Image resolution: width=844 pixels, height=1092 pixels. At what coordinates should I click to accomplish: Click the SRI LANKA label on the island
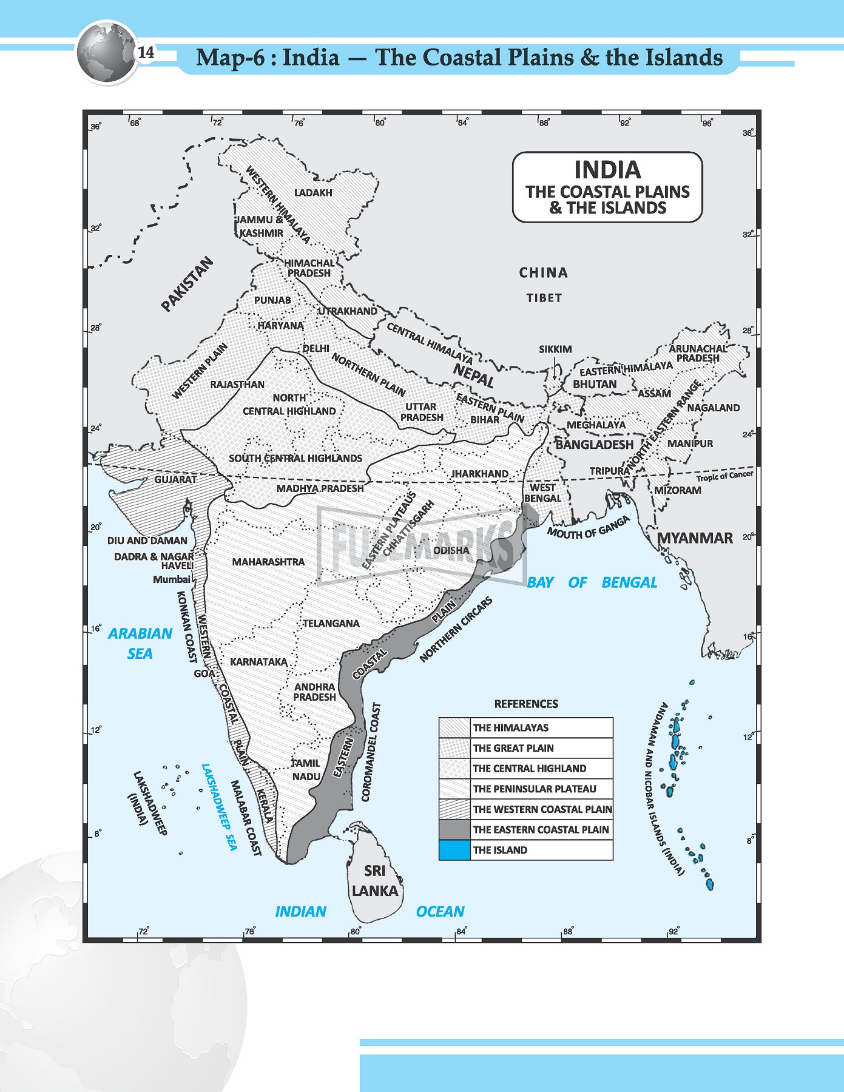[x=375, y=881]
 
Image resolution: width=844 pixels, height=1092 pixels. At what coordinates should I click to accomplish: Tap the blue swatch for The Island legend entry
[x=454, y=850]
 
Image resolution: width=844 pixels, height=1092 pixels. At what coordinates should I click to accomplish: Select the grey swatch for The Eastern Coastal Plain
[x=454, y=829]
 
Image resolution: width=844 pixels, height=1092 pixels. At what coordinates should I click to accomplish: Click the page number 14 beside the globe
[x=146, y=53]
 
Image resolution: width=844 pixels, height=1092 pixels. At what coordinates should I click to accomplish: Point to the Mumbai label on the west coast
[x=171, y=579]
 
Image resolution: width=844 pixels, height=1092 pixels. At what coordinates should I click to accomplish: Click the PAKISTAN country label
[x=187, y=284]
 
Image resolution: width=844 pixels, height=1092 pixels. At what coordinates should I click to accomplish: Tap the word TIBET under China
[x=544, y=298]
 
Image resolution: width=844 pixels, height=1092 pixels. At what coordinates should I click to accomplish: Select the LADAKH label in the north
[x=313, y=193]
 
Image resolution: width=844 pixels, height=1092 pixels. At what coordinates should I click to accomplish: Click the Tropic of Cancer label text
[x=724, y=476]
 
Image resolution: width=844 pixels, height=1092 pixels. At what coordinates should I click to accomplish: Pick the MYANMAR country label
[x=695, y=538]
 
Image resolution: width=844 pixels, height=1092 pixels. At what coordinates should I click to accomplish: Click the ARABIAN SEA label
[x=140, y=643]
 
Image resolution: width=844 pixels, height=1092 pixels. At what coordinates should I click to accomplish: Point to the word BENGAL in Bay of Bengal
[x=629, y=582]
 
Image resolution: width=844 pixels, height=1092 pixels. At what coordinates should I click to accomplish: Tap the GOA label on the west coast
[x=203, y=673]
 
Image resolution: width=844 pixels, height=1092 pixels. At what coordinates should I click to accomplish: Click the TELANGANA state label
[x=331, y=624]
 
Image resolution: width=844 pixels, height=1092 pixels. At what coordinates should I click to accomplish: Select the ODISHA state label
[x=451, y=550]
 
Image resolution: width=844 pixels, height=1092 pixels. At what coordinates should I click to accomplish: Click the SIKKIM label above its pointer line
[x=555, y=349]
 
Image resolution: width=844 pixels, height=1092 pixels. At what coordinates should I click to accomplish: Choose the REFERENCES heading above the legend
[x=526, y=704]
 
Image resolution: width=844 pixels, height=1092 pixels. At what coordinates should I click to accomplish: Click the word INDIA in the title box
[x=607, y=169]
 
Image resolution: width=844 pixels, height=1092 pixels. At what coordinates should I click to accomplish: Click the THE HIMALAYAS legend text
[x=510, y=727]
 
